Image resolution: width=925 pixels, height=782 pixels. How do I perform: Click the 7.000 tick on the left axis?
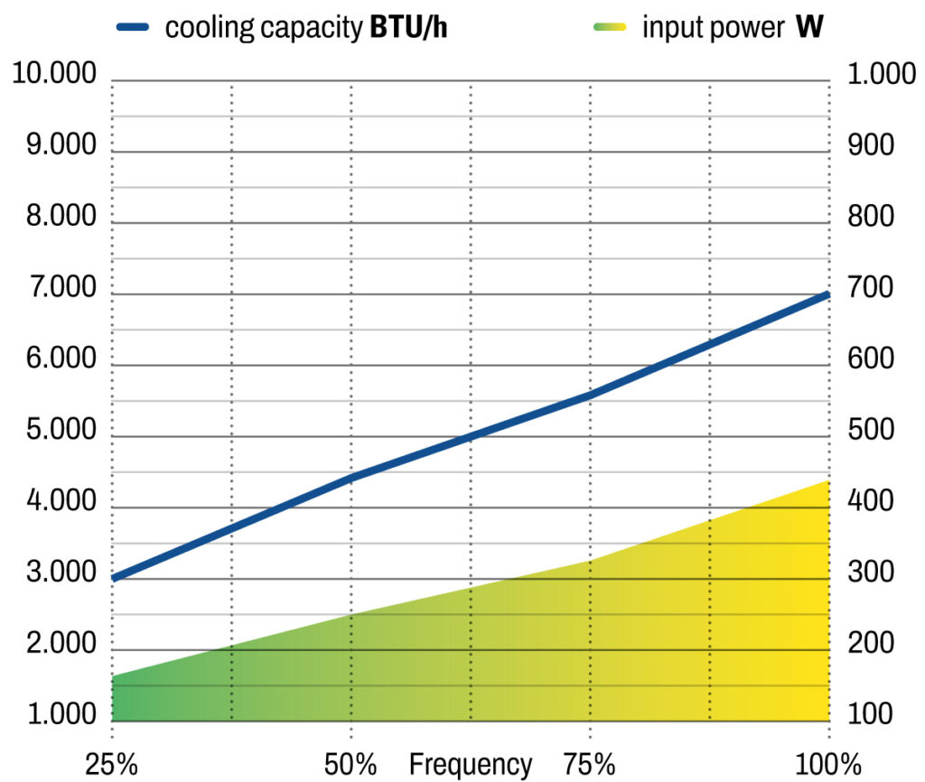coord(54,289)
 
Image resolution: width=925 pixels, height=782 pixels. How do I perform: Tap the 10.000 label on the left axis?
coord(54,75)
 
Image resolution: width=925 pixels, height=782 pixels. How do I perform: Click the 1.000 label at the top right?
coord(883,75)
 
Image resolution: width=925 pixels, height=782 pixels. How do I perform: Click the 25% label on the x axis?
coord(112,764)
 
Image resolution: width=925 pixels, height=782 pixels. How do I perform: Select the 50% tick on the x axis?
coord(350,764)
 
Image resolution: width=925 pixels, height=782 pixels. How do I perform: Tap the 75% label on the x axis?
coord(589,764)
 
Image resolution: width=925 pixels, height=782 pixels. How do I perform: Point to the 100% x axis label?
coord(827,764)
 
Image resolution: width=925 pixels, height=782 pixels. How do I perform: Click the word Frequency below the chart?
coord(470,764)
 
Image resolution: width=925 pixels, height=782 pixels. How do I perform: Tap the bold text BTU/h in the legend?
coord(408,27)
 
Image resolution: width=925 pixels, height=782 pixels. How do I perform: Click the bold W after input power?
coord(808,27)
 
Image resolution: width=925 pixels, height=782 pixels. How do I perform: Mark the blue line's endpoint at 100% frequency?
coord(827,294)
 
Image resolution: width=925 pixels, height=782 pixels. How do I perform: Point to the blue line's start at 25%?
coord(114,578)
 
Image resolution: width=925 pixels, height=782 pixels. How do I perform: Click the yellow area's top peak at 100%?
coord(827,481)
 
